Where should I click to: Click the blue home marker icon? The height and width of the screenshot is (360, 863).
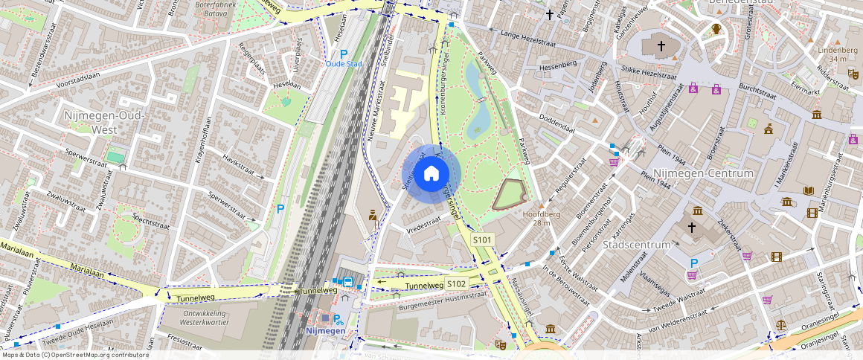coord(431,174)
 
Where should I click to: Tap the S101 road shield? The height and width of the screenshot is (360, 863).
coord(483,240)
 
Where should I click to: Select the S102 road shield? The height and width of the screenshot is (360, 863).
coord(457,284)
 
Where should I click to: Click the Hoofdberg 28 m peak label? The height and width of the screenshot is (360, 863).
coord(536,218)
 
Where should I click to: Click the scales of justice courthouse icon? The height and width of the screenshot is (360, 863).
coord(780,325)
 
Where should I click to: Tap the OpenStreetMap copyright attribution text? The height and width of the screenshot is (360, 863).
coord(74,355)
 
